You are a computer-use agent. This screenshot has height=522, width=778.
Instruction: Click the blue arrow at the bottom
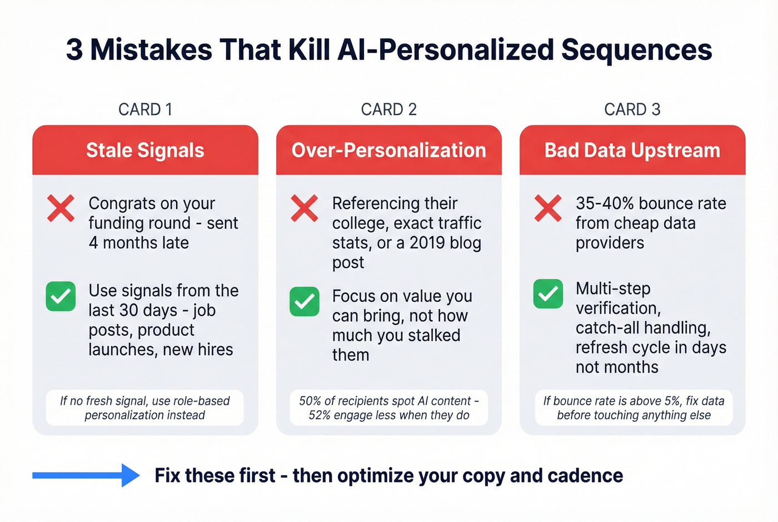click(x=86, y=475)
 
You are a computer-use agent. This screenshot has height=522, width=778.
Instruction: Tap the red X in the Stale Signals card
click(x=61, y=209)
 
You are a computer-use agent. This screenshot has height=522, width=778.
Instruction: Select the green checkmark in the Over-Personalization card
click(x=304, y=301)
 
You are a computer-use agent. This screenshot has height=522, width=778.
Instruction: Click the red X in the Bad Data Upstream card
click(x=548, y=208)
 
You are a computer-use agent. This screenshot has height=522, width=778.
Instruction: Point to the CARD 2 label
click(x=388, y=110)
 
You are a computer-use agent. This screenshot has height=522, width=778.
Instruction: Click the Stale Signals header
click(x=145, y=150)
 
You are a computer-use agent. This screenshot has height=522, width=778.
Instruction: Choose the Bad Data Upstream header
click(x=632, y=150)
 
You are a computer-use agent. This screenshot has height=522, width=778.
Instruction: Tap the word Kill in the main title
click(x=311, y=49)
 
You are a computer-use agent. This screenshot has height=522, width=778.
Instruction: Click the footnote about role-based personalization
click(x=144, y=408)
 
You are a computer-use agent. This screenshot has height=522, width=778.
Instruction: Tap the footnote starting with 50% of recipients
click(x=388, y=408)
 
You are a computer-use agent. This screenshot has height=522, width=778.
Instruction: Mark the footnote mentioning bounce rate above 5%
click(x=634, y=408)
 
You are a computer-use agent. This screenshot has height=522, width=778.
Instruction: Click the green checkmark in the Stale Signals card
click(x=61, y=296)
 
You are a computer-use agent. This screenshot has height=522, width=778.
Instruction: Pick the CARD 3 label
click(x=632, y=110)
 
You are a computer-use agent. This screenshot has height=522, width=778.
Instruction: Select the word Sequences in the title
click(x=636, y=49)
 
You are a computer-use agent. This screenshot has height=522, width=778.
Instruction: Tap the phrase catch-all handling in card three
click(x=642, y=328)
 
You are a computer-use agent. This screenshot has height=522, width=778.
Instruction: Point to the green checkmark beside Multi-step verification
click(x=548, y=294)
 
